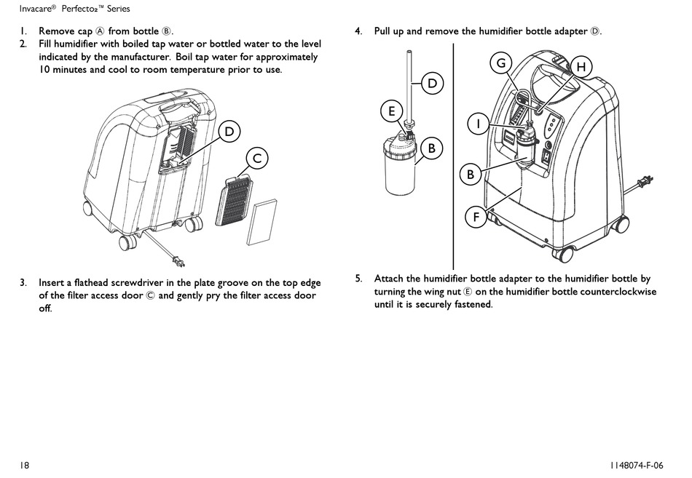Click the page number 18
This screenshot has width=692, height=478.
click(24, 465)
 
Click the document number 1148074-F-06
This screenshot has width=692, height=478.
click(637, 465)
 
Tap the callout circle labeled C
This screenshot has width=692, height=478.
click(257, 159)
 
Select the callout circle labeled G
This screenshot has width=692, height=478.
click(501, 63)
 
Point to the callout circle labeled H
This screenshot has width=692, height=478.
click(582, 67)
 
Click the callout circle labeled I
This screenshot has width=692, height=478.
click(479, 124)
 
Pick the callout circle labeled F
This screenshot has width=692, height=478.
click(476, 217)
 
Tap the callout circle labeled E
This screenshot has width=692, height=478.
click(392, 111)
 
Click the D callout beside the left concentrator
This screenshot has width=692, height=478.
click(229, 132)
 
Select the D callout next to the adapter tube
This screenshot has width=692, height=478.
click(433, 84)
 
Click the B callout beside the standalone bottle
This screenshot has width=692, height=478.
click(432, 148)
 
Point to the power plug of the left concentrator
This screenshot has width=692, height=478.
click(180, 261)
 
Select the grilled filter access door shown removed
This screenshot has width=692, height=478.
click(233, 201)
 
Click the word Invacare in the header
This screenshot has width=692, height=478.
click(35, 9)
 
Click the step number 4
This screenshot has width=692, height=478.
click(358, 31)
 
